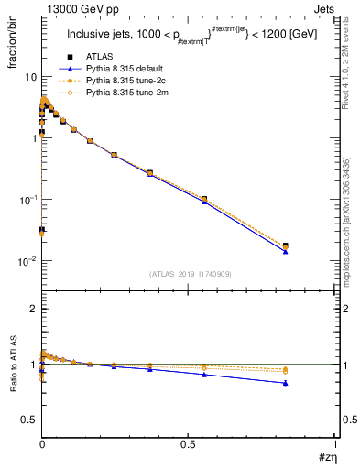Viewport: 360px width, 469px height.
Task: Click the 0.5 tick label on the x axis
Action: pos(189,442)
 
